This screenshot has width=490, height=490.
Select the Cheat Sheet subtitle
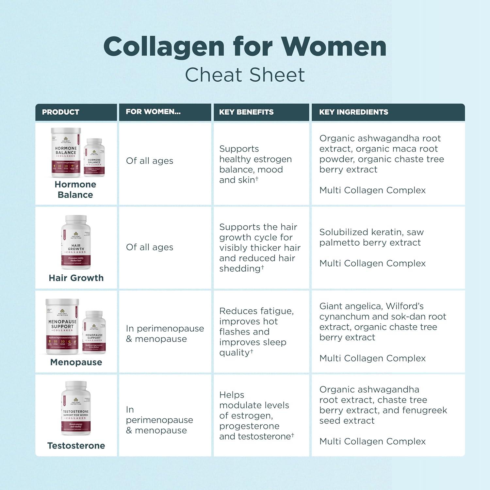(245, 75)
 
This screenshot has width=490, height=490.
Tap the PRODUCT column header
(61, 112)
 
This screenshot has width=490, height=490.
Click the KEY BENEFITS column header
(246, 112)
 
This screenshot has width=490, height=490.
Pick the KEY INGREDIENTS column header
(353, 112)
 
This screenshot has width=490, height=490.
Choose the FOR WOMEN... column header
(153, 112)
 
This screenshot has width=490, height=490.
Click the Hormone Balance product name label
(75, 189)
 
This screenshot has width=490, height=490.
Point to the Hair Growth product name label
(76, 278)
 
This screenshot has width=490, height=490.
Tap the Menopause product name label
(76, 362)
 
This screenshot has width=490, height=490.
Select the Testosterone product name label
(76, 446)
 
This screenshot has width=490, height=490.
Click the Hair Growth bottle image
(76, 242)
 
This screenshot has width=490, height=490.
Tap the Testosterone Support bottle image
(76, 408)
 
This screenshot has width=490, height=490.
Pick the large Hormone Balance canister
(66, 153)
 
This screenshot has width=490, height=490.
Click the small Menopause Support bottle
(94, 332)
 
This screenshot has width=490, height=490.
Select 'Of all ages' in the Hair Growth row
(150, 247)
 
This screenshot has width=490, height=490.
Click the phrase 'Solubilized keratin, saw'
(371, 232)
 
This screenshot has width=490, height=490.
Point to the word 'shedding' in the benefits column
(240, 269)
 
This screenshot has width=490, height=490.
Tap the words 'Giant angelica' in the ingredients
(351, 306)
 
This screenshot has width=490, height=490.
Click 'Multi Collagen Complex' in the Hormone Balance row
(372, 190)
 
